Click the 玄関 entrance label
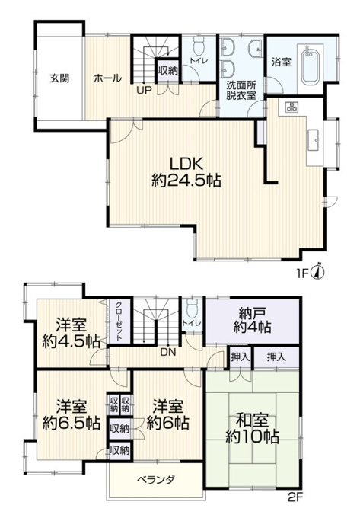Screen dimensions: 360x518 point(59,78)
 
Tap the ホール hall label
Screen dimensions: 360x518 point(108,78)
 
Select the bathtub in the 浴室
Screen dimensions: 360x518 point(311,66)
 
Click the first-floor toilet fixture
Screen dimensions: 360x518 point(199,46)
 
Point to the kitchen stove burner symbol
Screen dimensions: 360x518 point(292,107)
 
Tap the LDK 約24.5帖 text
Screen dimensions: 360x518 point(186,172)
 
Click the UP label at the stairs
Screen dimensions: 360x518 point(144,90)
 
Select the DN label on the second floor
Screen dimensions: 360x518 point(169,353)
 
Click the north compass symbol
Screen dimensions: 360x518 point(319,272)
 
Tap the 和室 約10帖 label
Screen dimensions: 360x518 point(253,428)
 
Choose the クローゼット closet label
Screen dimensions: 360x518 point(119,321)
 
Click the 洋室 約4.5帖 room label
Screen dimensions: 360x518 point(71,332)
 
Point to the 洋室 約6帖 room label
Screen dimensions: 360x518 point(167,414)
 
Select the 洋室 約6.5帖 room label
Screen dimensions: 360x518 point(72,414)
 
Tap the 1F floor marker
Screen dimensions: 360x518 point(303,273)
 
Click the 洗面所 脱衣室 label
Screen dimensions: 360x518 point(241,90)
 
